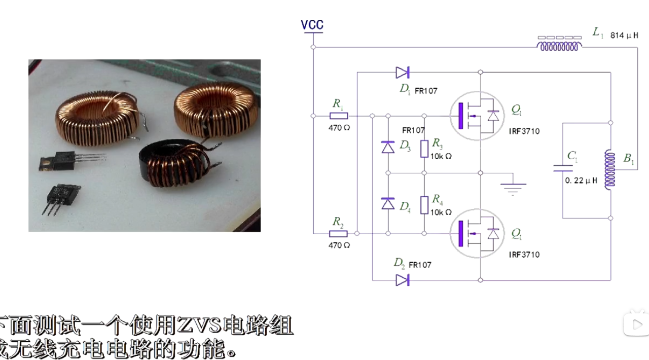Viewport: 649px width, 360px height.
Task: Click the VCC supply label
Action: (312, 25)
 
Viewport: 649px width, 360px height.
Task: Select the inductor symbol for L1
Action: (559, 46)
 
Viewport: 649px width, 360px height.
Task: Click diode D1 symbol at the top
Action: (403, 73)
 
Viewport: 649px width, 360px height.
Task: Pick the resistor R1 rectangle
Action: (338, 116)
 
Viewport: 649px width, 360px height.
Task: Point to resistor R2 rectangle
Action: (338, 234)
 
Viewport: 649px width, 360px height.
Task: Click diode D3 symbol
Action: (388, 147)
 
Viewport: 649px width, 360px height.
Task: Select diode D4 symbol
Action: (388, 204)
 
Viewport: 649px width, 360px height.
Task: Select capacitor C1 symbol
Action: (563, 168)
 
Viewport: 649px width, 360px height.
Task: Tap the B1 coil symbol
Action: (610, 170)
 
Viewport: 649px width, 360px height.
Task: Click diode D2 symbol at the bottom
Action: (403, 280)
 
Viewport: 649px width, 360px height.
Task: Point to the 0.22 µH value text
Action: (581, 180)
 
